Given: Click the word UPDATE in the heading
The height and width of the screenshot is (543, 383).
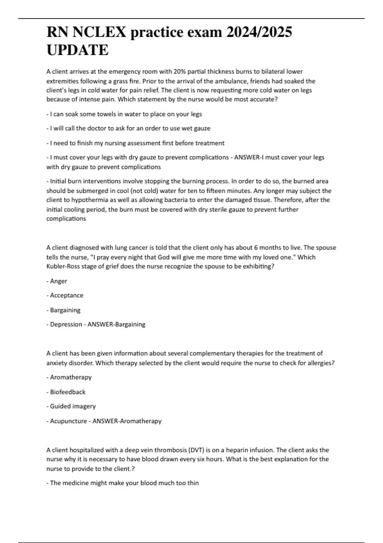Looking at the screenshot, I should tap(78, 50).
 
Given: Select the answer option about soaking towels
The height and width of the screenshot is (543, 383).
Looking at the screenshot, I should tap(124, 114).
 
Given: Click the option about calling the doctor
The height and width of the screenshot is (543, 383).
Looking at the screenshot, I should tap(129, 128).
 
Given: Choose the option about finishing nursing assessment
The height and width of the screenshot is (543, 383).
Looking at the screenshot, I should tap(136, 143).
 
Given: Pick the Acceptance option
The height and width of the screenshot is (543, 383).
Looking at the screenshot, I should tap(66, 295).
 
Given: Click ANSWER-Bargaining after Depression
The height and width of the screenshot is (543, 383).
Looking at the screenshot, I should tap(116, 325).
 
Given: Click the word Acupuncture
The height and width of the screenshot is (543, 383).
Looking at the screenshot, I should tap(68, 421).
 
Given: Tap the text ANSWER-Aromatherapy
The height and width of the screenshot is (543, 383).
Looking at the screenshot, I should tap(127, 421).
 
